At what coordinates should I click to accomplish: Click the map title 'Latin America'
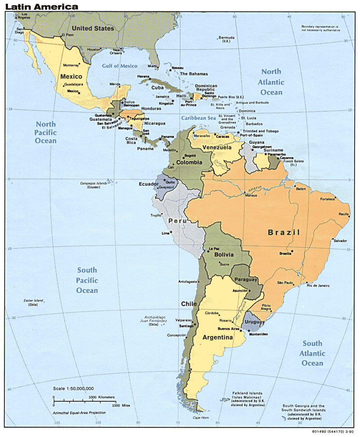(42, 7)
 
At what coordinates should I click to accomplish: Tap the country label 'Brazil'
(284, 233)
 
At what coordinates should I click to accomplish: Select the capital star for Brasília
(292, 251)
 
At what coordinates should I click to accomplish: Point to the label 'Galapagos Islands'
(94, 183)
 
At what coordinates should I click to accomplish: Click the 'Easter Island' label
(33, 301)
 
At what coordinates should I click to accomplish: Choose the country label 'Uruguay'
(254, 322)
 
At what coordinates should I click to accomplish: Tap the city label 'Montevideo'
(258, 334)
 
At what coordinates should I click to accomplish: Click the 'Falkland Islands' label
(247, 393)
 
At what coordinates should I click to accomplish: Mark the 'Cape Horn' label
(201, 418)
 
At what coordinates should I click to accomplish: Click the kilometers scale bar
(83, 401)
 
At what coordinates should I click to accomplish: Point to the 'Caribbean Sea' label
(198, 118)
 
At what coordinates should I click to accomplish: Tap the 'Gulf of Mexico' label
(120, 66)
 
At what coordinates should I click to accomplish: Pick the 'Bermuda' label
(226, 38)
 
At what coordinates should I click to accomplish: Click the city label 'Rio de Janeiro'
(318, 286)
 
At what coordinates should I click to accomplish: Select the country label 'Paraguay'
(246, 280)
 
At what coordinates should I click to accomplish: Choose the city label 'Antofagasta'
(187, 282)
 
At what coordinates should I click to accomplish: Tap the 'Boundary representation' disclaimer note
(321, 28)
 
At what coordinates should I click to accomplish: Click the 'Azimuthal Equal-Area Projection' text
(79, 413)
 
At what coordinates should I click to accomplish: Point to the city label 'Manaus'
(251, 195)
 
